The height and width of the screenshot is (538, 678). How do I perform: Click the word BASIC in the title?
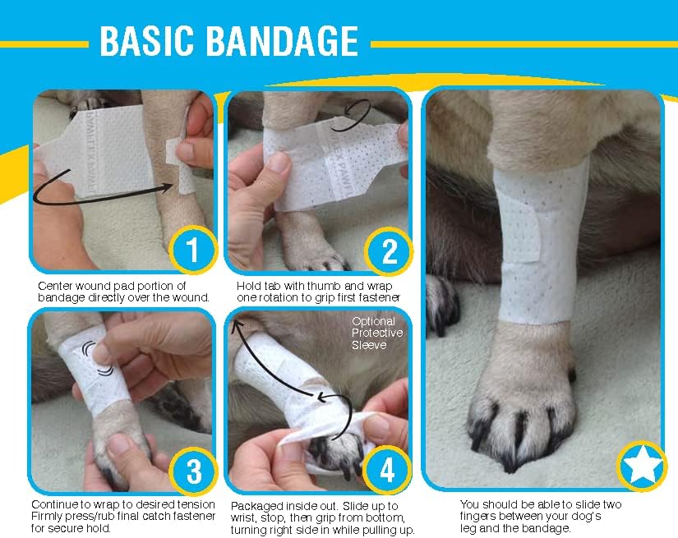[151, 41]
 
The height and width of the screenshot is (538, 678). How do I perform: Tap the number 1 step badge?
[191, 251]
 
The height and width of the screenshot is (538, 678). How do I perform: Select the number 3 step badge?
[192, 471]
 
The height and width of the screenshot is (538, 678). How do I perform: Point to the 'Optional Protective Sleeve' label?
[377, 333]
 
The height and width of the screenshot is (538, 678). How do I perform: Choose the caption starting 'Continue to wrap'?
[123, 514]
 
